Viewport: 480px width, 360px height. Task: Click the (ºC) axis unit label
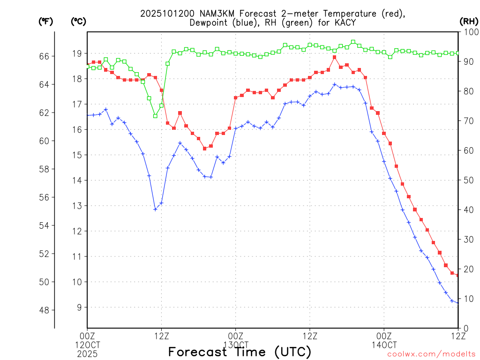tap(79, 21)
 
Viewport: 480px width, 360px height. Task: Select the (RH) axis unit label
tap(468, 21)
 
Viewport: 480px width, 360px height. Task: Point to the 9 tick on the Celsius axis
tap(80, 307)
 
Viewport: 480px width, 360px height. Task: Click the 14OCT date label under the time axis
tap(384, 345)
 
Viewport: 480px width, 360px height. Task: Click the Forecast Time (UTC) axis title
tap(240, 352)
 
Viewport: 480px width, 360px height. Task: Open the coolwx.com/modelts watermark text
tap(431, 354)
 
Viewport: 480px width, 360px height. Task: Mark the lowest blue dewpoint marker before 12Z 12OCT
tap(155, 209)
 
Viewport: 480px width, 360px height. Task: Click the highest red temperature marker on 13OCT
tap(335, 57)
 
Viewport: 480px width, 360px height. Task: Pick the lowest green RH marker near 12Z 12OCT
tap(155, 116)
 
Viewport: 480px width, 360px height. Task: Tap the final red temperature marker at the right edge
tap(458, 275)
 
